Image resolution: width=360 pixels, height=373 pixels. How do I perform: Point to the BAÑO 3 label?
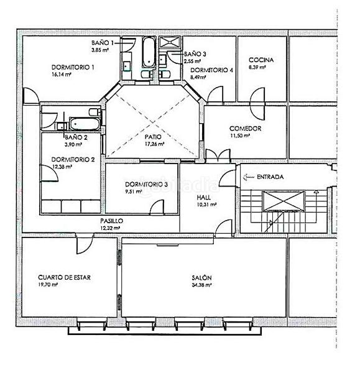pyautogui.click(x=195, y=54)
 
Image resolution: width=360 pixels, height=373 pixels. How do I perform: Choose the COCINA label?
pyautogui.click(x=261, y=60)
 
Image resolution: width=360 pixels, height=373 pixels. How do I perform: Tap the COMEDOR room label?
pyautogui.click(x=245, y=129)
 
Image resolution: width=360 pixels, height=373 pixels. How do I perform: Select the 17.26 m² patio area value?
pyautogui.click(x=154, y=144)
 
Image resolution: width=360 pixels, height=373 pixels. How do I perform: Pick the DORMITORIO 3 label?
pyautogui.click(x=146, y=185)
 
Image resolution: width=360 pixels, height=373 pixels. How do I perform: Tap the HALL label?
pyautogui.click(x=203, y=197)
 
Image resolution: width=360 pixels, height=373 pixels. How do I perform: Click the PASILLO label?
pyautogui.click(x=111, y=221)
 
